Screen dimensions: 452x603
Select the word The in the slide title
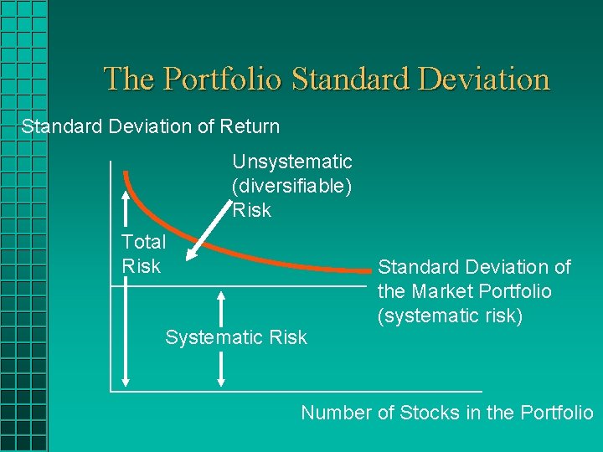point(130,80)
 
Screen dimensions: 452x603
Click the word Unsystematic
point(291,161)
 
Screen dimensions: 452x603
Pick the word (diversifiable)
point(291,185)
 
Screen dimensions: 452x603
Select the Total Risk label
point(143,254)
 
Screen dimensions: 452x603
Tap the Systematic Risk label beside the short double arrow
point(236,337)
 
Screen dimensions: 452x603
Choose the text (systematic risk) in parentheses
point(450,316)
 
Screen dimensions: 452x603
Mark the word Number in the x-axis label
point(333,412)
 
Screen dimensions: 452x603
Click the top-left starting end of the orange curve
point(126,174)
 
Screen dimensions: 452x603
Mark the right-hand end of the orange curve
point(371,271)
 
